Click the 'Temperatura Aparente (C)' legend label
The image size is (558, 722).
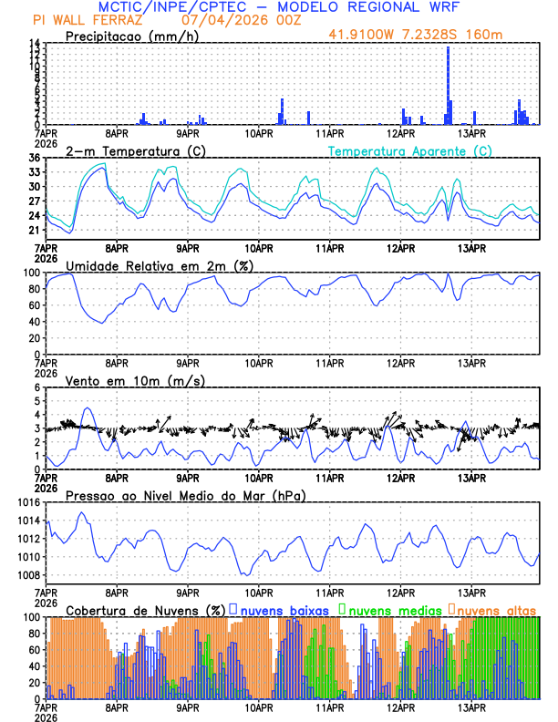[409, 150]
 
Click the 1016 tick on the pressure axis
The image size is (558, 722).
[26, 502]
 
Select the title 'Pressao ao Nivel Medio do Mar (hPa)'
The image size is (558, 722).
[185, 495]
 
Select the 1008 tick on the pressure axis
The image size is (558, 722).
[26, 575]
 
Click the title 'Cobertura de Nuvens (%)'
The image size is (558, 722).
[145, 609]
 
